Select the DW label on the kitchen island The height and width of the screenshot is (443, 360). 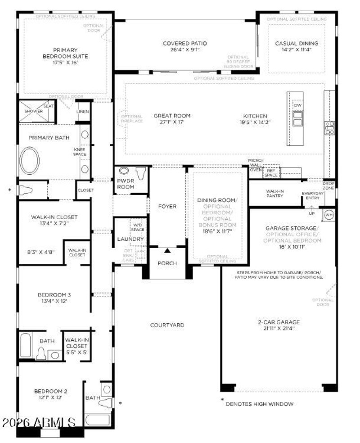point(297,105)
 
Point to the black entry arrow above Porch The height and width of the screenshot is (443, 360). point(167,250)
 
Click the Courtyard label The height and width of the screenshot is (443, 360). point(167,325)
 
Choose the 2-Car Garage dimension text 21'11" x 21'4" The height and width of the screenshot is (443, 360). point(279,328)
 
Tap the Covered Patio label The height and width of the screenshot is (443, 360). point(185,44)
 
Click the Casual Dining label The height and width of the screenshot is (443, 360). point(297,44)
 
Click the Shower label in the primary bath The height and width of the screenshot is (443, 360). point(34,111)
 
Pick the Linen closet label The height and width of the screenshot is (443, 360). point(83,111)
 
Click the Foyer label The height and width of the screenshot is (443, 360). point(167,207)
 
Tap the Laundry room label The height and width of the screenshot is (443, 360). point(130,239)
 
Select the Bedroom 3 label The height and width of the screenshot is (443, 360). point(54,295)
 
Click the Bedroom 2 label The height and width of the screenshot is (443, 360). point(50,391)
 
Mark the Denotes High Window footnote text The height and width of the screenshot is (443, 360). point(260,404)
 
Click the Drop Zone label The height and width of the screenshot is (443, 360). point(328,186)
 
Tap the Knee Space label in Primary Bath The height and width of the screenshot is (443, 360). point(80,152)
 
